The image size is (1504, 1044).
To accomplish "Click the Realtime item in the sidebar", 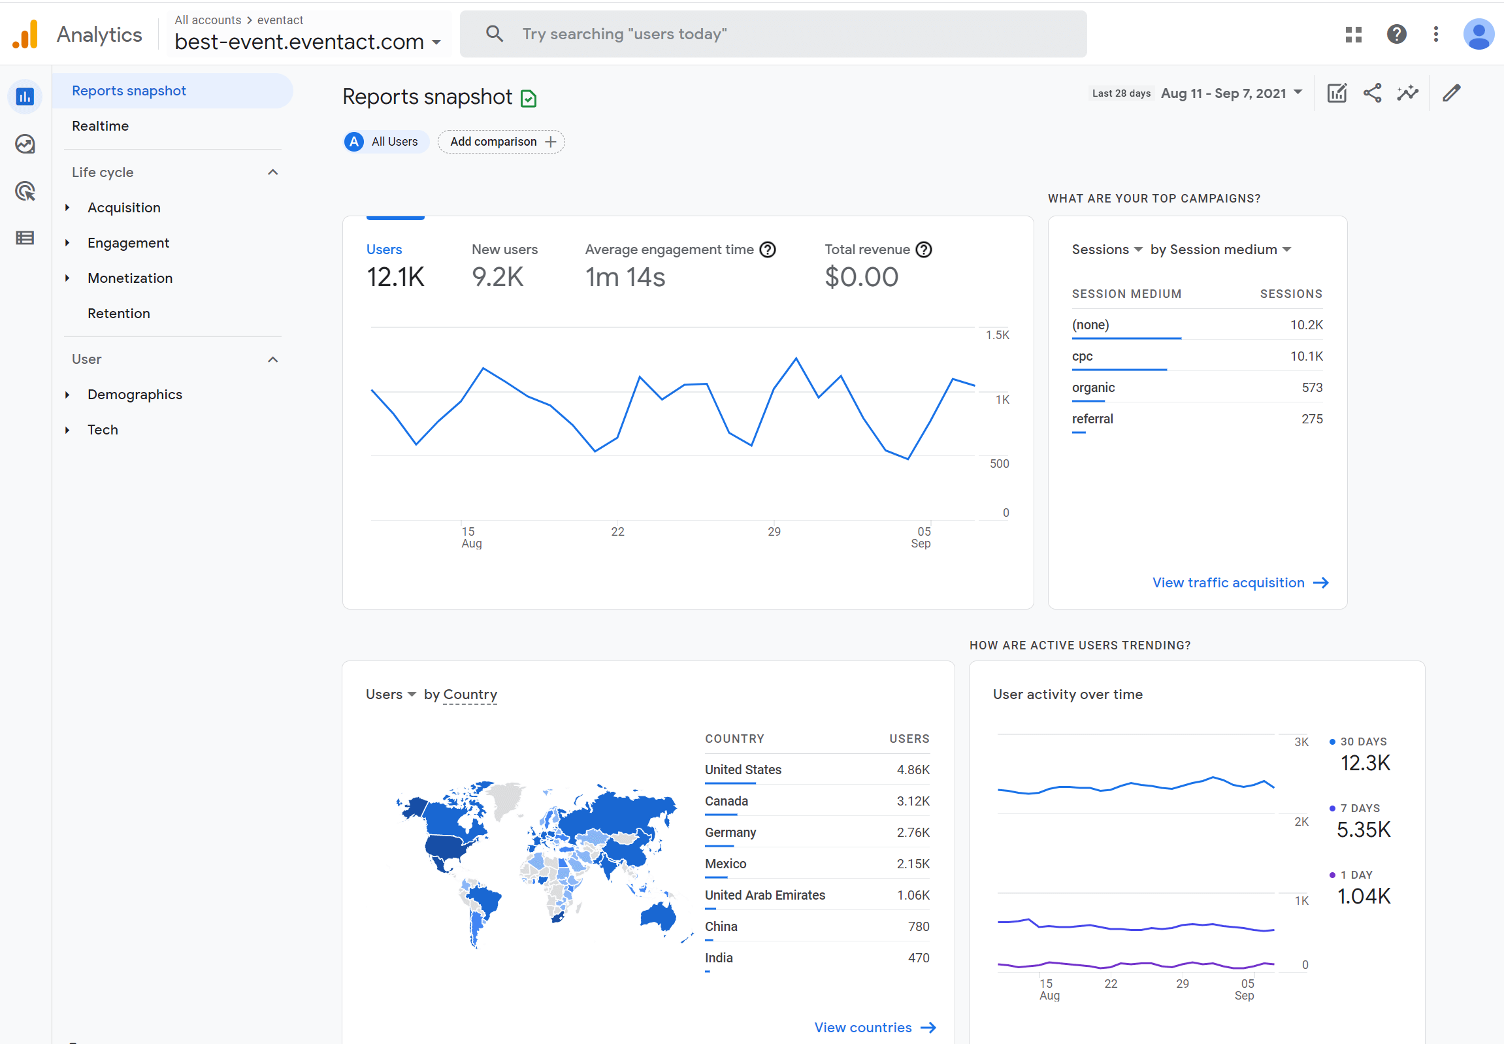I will (x=100, y=125).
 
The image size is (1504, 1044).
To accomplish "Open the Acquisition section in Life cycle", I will (x=123, y=207).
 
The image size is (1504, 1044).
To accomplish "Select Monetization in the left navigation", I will (x=129, y=278).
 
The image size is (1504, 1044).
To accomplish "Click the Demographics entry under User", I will (x=135, y=395).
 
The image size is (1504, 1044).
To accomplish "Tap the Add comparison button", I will (x=501, y=142).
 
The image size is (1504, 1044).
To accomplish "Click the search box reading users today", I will (x=772, y=34).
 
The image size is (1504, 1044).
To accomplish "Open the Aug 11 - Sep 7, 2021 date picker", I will (x=1230, y=93).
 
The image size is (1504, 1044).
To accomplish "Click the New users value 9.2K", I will (x=497, y=278).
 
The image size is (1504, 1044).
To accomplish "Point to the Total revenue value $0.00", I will (x=861, y=278).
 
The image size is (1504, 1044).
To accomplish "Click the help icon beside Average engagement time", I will (x=768, y=250).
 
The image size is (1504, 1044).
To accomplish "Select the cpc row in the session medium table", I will (x=1082, y=357).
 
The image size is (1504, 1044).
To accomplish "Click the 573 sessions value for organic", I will (x=1311, y=388).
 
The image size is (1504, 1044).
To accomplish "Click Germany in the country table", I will (x=730, y=833).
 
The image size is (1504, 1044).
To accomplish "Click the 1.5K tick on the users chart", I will (x=997, y=335).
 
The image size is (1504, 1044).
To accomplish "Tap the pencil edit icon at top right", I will (x=1451, y=93).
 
